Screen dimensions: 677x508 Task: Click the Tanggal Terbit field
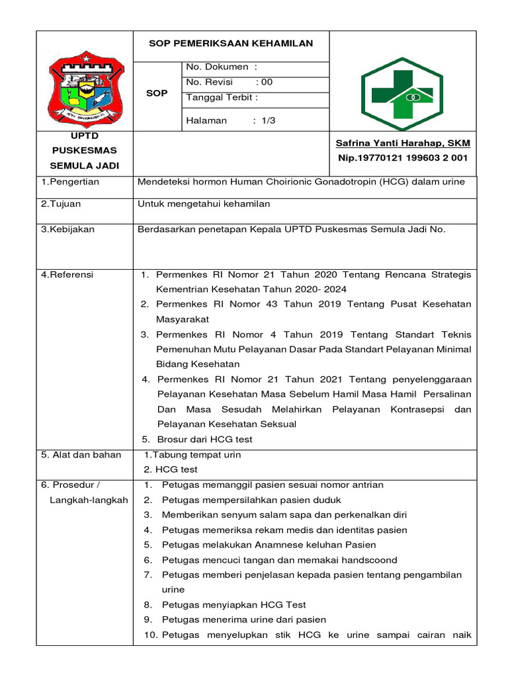point(222,98)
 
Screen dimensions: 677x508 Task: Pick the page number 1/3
point(268,120)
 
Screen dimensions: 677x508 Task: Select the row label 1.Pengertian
point(70,182)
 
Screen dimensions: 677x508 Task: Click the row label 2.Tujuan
point(61,204)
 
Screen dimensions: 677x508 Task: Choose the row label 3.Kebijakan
point(67,229)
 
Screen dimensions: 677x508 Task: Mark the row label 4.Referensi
point(67,274)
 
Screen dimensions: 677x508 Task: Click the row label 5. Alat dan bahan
point(81,455)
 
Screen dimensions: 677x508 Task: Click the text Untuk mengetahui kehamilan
point(204,204)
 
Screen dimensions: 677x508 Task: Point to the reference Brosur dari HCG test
point(204,439)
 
